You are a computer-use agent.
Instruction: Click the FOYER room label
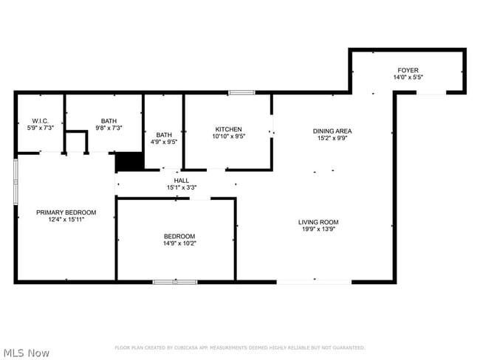point(408,69)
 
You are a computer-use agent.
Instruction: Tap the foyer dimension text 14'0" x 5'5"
point(408,77)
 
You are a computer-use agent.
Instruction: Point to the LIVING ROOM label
point(318,221)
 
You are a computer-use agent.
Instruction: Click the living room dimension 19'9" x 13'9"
point(318,229)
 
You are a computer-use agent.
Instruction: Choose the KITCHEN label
point(228,129)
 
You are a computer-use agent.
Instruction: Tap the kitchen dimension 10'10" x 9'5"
point(228,136)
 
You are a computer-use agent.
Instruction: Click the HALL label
point(181,180)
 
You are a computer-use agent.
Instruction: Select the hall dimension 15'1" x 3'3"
point(181,187)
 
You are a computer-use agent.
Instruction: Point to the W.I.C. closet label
point(40,120)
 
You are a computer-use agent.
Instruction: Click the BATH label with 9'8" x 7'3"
point(109,120)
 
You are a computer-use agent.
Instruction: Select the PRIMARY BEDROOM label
point(66,212)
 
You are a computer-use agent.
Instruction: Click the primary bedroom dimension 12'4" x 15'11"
point(66,220)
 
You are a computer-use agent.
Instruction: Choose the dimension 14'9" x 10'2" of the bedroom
point(179,243)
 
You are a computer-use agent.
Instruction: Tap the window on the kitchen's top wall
point(241,92)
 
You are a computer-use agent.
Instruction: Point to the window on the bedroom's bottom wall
point(175,281)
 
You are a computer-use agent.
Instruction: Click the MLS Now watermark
point(26,353)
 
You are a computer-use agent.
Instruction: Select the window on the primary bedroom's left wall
point(16,181)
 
